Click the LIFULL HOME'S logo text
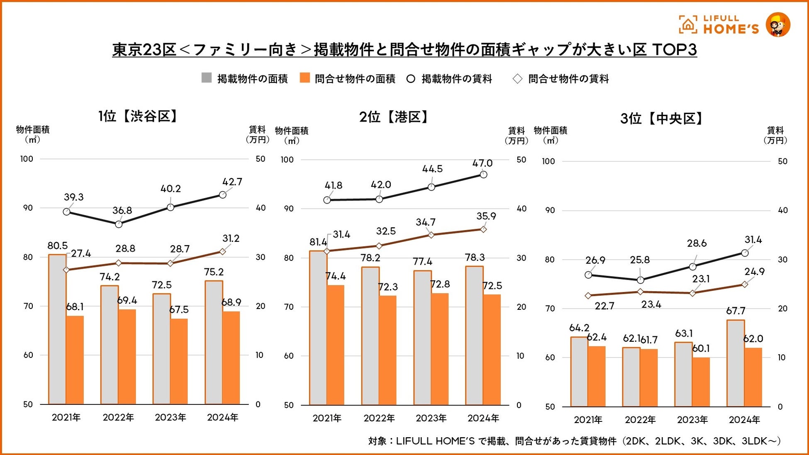pos(731,24)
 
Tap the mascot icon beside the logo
pos(777,25)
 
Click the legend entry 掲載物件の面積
pos(252,79)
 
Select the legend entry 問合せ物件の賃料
pos(568,79)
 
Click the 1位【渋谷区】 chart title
pos(138,116)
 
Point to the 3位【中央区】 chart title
pos(662,119)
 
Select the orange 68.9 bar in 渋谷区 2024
pos(231,358)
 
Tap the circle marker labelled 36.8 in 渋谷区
pos(119,224)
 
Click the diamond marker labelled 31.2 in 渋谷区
pos(222,251)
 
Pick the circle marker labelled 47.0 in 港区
pos(483,175)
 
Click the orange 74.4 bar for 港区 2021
pos(335,345)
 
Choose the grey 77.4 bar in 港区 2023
pos(422,338)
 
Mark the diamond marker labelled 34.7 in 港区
pos(431,235)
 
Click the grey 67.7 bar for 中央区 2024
pos(736,363)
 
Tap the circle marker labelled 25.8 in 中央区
pos(640,280)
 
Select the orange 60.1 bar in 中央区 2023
pos(701,382)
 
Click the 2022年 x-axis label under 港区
pos(379,419)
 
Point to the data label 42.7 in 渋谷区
pos(232,182)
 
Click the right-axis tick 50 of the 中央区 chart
pos(782,161)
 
